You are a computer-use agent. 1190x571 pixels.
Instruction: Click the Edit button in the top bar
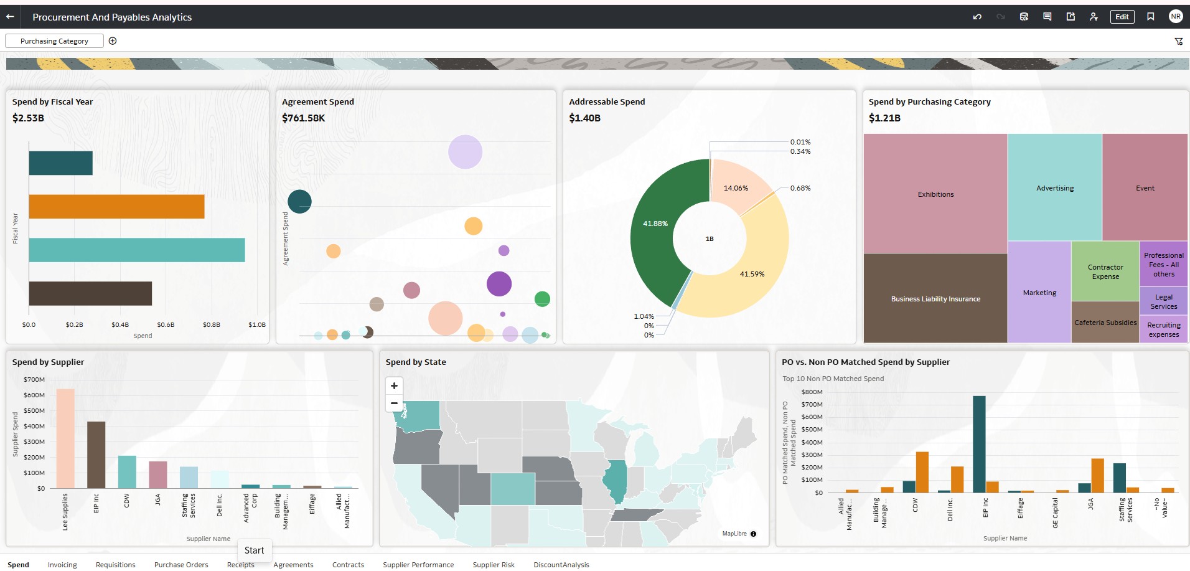pyautogui.click(x=1122, y=17)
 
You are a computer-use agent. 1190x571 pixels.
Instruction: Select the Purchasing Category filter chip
pyautogui.click(x=54, y=41)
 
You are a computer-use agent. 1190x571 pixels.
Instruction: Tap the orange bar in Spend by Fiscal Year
pyautogui.click(x=116, y=207)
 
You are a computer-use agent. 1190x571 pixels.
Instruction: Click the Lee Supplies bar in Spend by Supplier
pyautogui.click(x=65, y=438)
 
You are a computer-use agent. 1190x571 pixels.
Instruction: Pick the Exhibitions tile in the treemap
pyautogui.click(x=935, y=194)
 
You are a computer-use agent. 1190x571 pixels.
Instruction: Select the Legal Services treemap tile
pyautogui.click(x=1163, y=301)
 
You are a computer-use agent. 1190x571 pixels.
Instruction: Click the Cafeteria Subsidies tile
pyautogui.click(x=1105, y=323)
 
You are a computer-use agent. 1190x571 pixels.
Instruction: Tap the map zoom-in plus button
pyautogui.click(x=394, y=386)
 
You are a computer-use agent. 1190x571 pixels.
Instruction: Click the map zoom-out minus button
pyautogui.click(x=394, y=403)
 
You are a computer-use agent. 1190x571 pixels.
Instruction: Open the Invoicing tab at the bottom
pyautogui.click(x=62, y=565)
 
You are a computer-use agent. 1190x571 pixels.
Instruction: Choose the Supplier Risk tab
pyautogui.click(x=494, y=565)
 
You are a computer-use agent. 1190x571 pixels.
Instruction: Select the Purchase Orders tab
pyautogui.click(x=181, y=565)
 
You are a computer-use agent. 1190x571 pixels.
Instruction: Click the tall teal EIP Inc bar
pyautogui.click(x=979, y=445)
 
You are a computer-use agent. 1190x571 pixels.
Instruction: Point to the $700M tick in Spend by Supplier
pyautogui.click(x=34, y=379)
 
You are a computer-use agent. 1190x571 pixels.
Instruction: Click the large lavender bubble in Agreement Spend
pyautogui.click(x=465, y=152)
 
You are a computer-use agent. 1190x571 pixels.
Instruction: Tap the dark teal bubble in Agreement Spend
pyautogui.click(x=299, y=201)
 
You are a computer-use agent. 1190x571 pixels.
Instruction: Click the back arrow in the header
pyautogui.click(x=10, y=17)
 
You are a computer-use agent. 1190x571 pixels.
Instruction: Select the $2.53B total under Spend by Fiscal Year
pyautogui.click(x=28, y=118)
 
